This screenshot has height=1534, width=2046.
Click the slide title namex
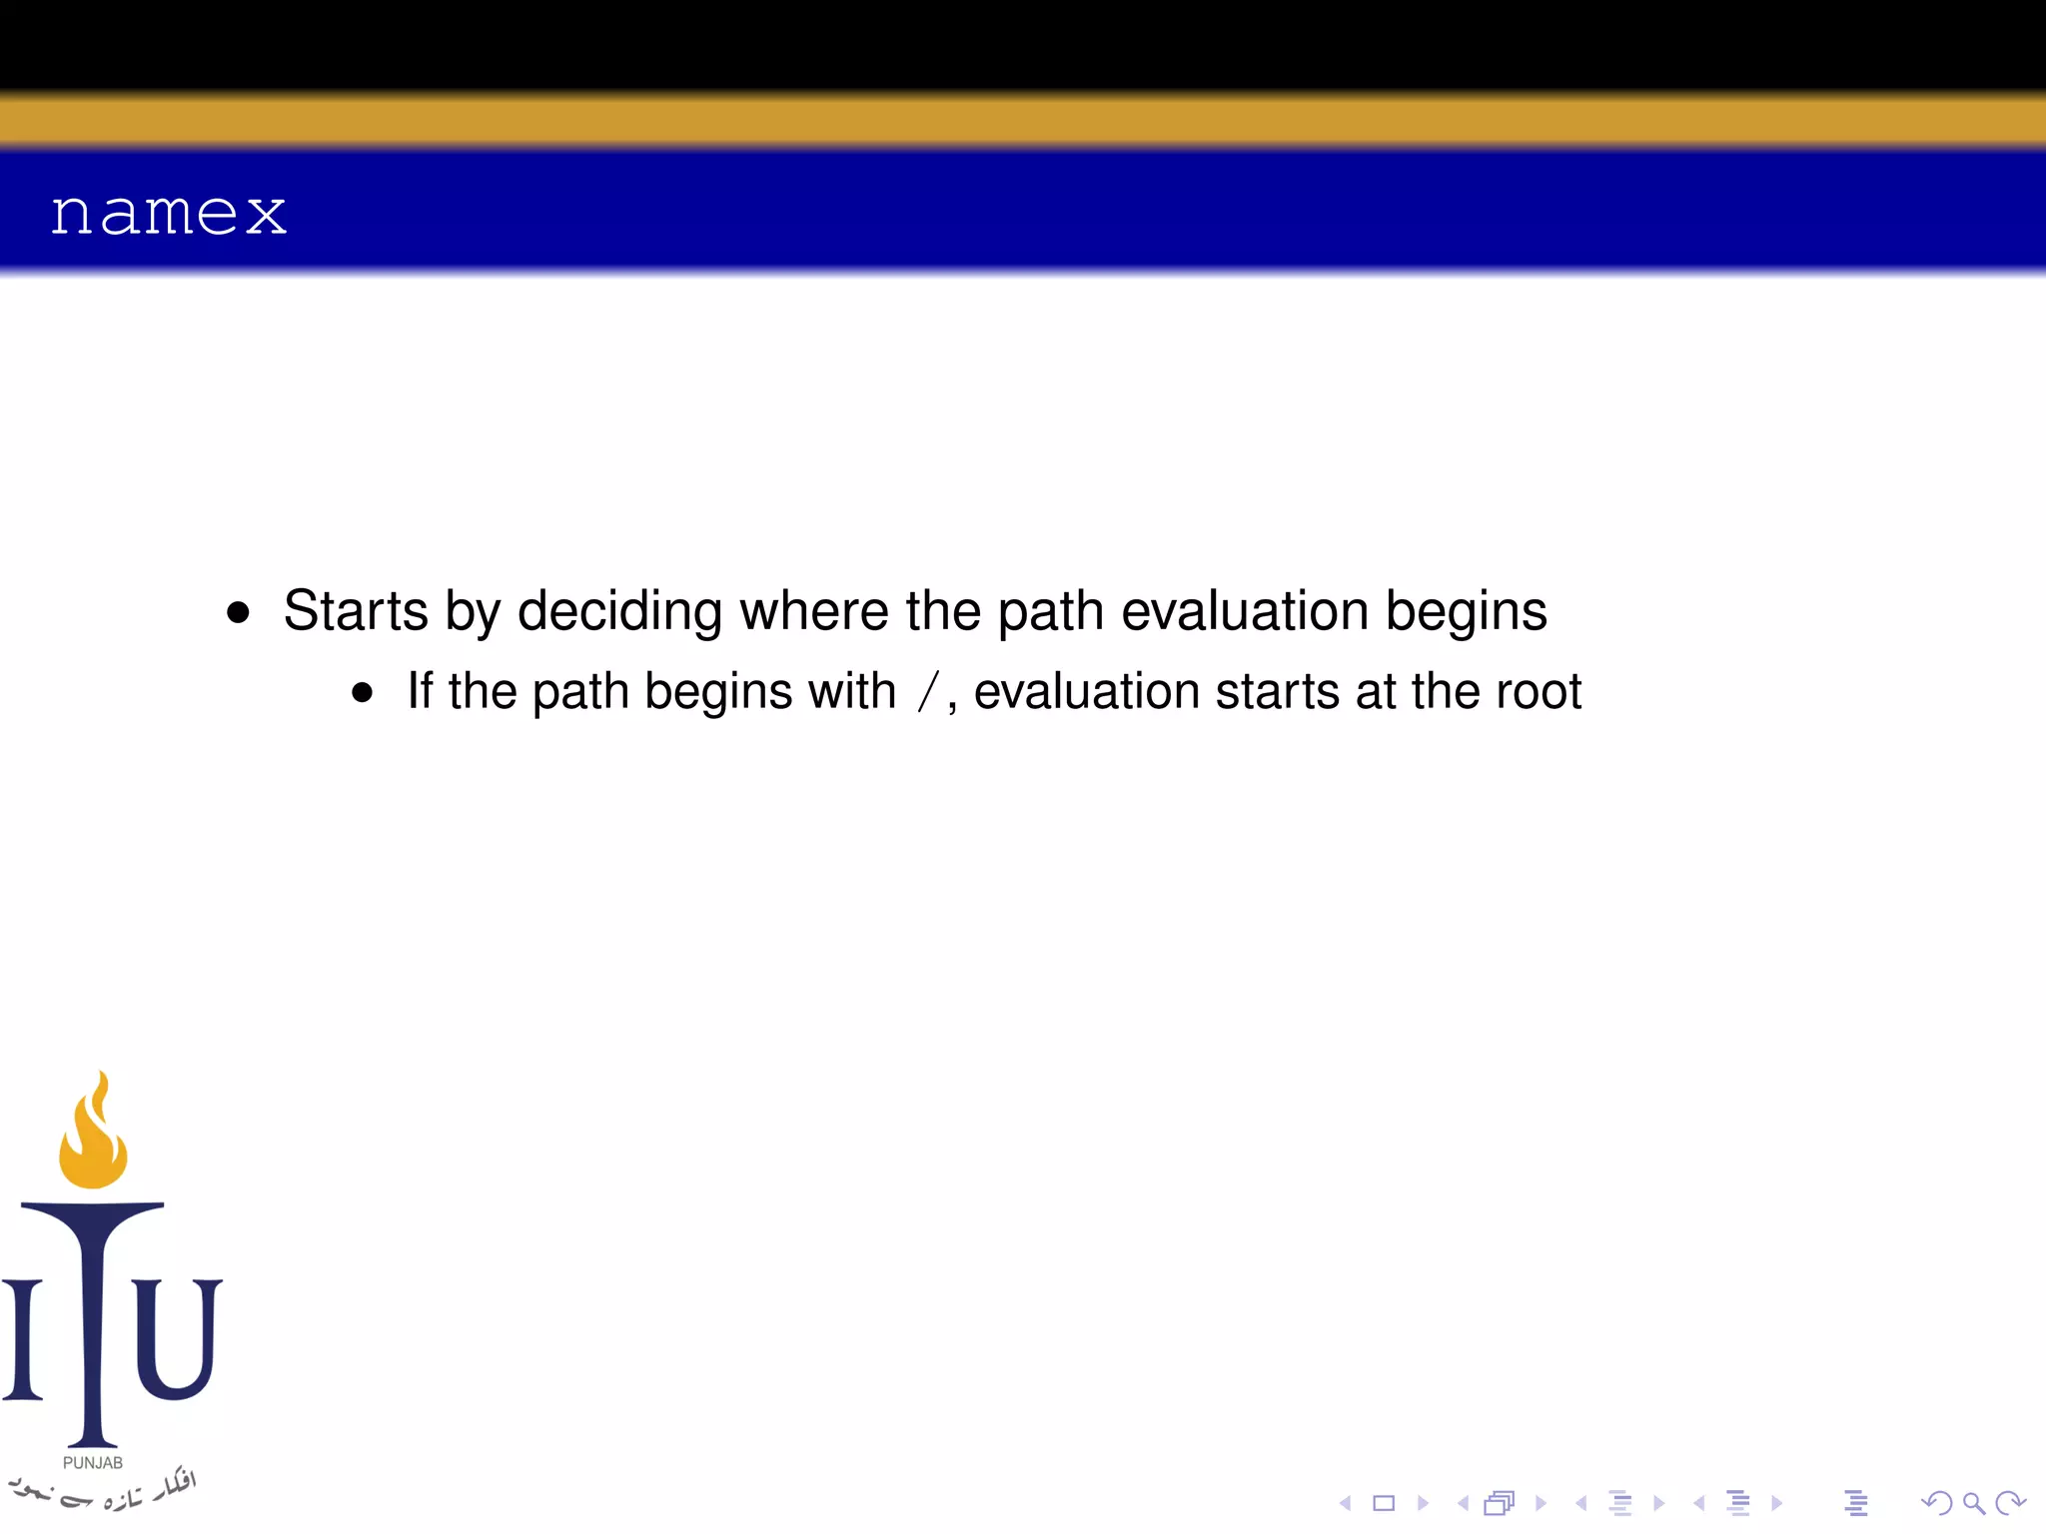(x=168, y=213)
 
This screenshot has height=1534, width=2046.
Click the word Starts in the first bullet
(x=356, y=610)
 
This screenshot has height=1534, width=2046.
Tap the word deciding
(x=619, y=610)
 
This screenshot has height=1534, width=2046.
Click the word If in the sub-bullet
(x=420, y=691)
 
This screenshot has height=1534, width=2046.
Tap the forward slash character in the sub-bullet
(x=929, y=692)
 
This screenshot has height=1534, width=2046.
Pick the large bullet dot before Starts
(x=238, y=612)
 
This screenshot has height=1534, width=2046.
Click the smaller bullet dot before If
(x=362, y=693)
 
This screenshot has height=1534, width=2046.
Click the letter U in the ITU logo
(x=177, y=1338)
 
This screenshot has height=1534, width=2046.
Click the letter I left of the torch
(x=23, y=1338)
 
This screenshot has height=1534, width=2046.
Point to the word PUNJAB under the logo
(x=93, y=1463)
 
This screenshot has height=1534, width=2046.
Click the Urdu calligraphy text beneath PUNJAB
(x=100, y=1490)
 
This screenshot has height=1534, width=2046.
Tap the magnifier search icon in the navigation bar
(x=1973, y=1503)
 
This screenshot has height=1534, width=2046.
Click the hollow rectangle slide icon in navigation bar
(x=1384, y=1503)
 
